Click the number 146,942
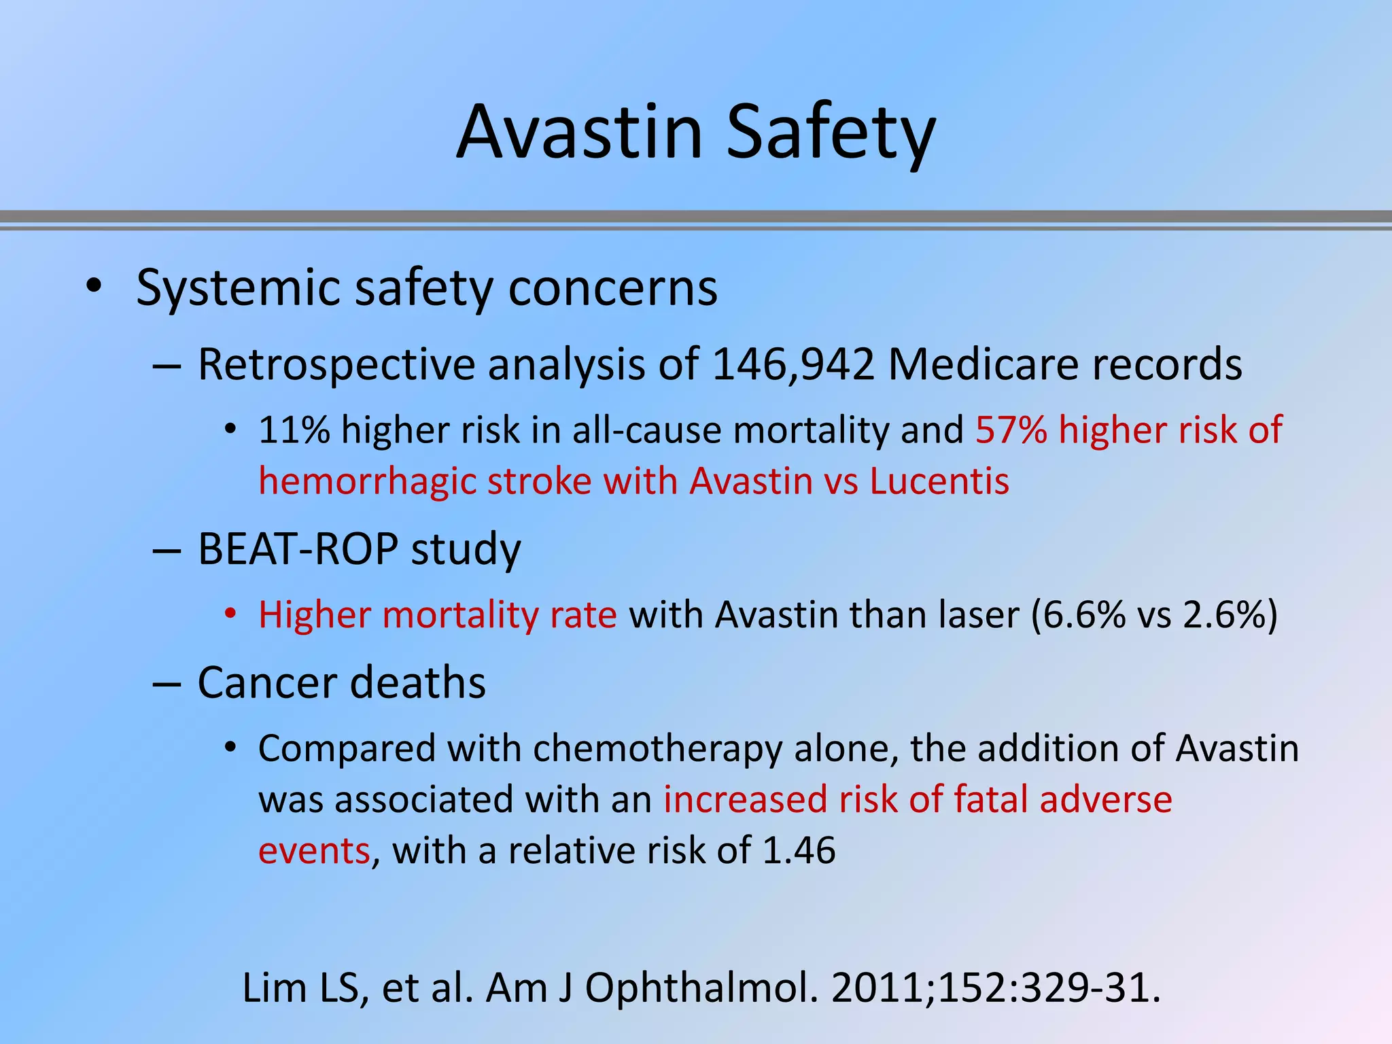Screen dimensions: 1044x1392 (793, 364)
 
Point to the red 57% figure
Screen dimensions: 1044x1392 (1011, 430)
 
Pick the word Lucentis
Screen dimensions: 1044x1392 (939, 482)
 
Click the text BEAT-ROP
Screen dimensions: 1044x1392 (297, 549)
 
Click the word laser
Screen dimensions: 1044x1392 (978, 615)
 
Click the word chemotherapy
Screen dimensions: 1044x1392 (657, 749)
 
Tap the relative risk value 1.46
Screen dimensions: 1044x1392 (799, 851)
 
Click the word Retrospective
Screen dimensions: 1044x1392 (336, 364)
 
